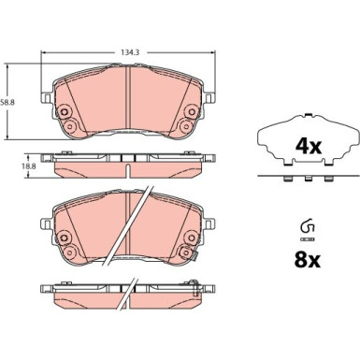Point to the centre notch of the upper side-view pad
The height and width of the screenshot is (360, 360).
128,156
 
